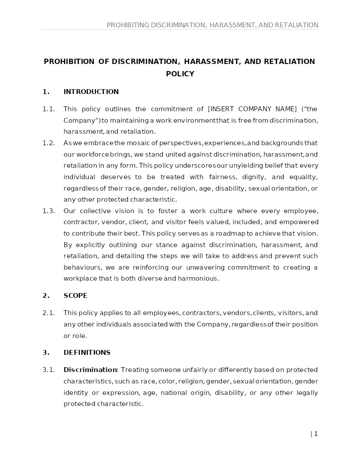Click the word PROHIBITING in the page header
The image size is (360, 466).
127,25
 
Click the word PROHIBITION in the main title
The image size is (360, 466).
69,61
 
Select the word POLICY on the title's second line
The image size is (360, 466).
180,74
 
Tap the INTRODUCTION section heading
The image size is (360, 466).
91,92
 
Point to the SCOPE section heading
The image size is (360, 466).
75,296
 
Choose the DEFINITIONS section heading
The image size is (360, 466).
87,353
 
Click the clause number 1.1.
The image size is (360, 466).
49,109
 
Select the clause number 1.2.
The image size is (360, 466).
49,143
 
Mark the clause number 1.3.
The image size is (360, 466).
49,211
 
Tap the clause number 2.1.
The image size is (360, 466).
49,313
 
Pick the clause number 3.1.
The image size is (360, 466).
49,370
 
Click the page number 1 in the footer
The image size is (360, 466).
315,434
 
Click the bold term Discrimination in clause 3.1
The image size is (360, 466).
90,370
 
